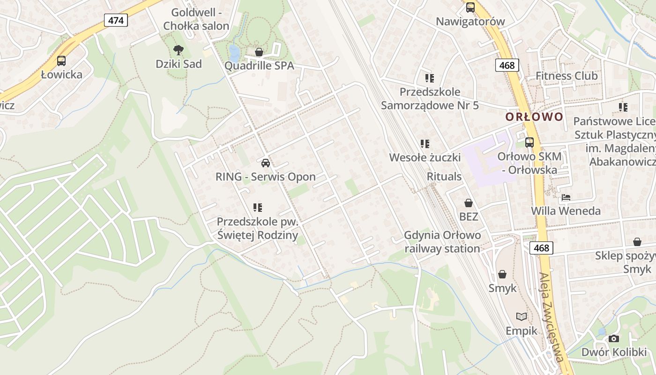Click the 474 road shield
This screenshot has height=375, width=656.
point(116,20)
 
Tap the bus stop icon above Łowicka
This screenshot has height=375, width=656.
point(61,60)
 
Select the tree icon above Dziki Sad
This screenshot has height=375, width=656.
point(178,50)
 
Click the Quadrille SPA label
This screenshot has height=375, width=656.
point(259,66)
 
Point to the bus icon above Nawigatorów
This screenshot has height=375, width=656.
point(470,7)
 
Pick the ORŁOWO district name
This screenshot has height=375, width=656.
point(534,117)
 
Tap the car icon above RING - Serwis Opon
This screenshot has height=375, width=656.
point(266,163)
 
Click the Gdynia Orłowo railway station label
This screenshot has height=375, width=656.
point(442,242)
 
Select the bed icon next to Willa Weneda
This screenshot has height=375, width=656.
point(566,197)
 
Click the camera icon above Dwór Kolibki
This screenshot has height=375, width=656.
point(614,338)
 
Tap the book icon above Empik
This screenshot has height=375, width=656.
point(521,317)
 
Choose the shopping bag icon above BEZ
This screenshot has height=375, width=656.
point(468,203)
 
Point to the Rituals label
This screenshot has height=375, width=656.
point(444,177)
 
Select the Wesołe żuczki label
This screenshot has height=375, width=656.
point(425,157)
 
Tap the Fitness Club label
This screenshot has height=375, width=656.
point(567,75)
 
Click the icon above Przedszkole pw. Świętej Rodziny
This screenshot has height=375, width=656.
point(257,207)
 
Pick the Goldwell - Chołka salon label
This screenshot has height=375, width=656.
point(196,19)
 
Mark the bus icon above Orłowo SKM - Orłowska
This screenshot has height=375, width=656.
point(529,142)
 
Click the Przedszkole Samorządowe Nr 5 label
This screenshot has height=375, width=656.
point(430,98)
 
